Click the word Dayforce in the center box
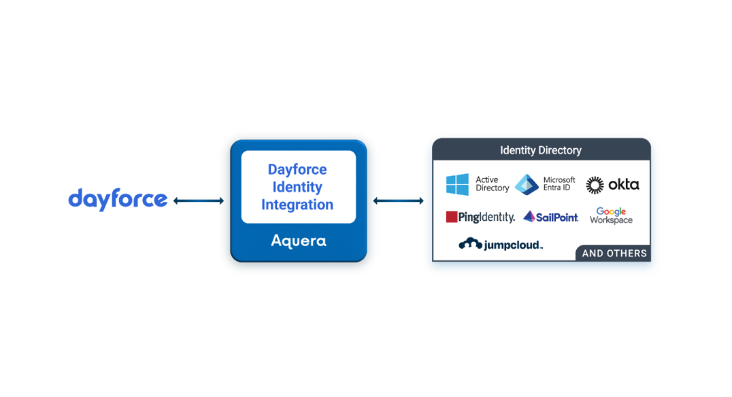point(297,169)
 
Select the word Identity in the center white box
point(297,187)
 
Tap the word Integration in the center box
point(297,205)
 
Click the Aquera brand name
point(299,241)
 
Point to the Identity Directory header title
point(541,150)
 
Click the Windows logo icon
point(457,184)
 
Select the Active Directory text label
point(492,184)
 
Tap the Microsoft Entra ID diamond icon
point(527,184)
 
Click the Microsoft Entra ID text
point(559,184)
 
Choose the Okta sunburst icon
point(595,185)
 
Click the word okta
point(623,184)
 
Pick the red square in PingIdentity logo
point(451,217)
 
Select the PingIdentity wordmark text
point(486,218)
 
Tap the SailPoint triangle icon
point(529,217)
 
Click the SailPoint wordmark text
point(557,218)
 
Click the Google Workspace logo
point(611,215)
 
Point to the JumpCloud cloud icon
point(470,244)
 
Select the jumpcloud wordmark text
point(512,245)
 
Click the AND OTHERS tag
point(614,253)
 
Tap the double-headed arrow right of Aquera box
point(400,201)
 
